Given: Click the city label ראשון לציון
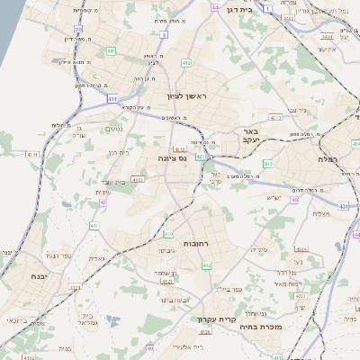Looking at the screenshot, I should [x=186, y=95].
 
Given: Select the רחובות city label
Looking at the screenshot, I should [x=195, y=244].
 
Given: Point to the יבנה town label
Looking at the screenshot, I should [x=38, y=275].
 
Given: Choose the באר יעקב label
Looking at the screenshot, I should [x=250, y=136].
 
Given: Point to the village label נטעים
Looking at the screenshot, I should [x=114, y=129].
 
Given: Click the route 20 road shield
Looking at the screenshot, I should [x=78, y=29].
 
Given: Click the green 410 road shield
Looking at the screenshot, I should [x=168, y=234].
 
